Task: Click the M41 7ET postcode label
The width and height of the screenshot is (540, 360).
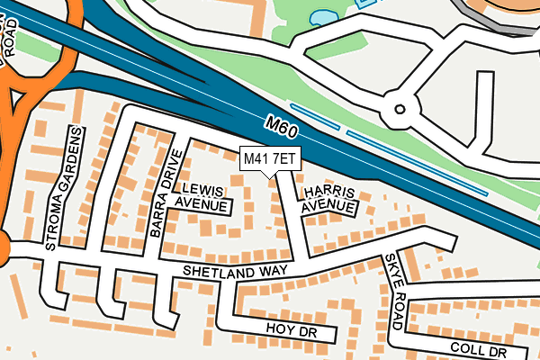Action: (269, 159)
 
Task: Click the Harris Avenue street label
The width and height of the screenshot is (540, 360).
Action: (329, 200)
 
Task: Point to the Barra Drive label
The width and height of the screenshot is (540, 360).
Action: (167, 193)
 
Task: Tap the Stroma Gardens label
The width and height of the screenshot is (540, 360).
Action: (64, 188)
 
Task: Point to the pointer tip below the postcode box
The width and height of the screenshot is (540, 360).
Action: (269, 176)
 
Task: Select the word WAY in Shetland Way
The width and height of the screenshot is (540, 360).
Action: (269, 270)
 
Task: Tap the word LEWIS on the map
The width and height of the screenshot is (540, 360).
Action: (202, 189)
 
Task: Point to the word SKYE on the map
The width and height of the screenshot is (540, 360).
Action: (390, 266)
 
